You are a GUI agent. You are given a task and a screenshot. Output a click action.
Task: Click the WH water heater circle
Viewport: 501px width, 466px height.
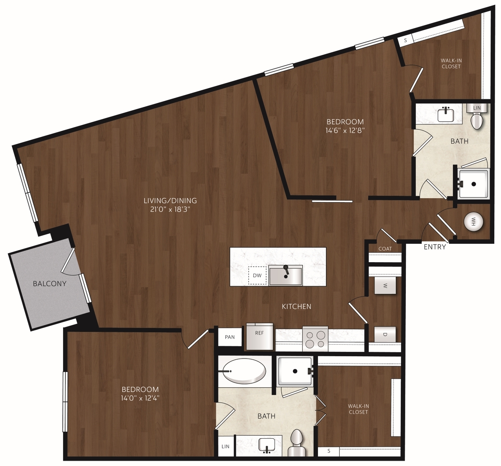pyautogui.click(x=474, y=222)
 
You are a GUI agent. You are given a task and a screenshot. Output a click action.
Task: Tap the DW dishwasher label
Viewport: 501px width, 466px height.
pyautogui.click(x=257, y=275)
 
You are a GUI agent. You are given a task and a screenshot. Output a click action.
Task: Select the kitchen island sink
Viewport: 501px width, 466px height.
pyautogui.click(x=286, y=275)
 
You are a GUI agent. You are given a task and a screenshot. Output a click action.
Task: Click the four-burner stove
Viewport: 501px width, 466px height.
pyautogui.click(x=315, y=339)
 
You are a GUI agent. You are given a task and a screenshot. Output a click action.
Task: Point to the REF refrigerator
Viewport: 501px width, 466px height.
pyautogui.click(x=259, y=337)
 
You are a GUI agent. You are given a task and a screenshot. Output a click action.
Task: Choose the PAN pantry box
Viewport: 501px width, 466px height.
pyautogui.click(x=230, y=337)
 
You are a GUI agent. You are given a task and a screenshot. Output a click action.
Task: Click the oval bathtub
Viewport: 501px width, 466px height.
pyautogui.click(x=244, y=371)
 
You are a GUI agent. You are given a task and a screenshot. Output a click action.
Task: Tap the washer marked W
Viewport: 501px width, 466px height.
pyautogui.click(x=385, y=285)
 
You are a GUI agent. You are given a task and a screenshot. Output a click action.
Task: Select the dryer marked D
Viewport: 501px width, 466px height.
pyautogui.click(x=385, y=335)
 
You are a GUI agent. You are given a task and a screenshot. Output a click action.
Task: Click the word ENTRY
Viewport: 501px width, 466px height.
pyautogui.click(x=435, y=247)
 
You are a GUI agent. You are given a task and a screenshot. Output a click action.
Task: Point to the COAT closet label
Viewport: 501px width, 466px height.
pyautogui.click(x=385, y=249)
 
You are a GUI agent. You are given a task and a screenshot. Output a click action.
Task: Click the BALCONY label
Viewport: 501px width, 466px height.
pyautogui.click(x=50, y=284)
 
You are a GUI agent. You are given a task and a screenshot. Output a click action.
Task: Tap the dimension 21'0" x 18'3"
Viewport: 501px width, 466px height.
pyautogui.click(x=170, y=209)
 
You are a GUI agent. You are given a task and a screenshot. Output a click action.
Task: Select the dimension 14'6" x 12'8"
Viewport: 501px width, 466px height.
pyautogui.click(x=345, y=131)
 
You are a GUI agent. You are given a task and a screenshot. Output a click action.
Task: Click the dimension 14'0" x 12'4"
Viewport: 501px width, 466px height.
pyautogui.click(x=140, y=398)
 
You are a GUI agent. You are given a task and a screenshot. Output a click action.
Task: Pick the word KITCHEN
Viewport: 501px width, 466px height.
pyautogui.click(x=296, y=306)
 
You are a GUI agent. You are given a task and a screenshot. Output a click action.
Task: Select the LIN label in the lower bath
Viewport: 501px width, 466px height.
pyautogui.click(x=225, y=447)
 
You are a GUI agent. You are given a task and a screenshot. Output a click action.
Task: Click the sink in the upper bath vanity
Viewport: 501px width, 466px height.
pyautogui.click(x=446, y=115)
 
